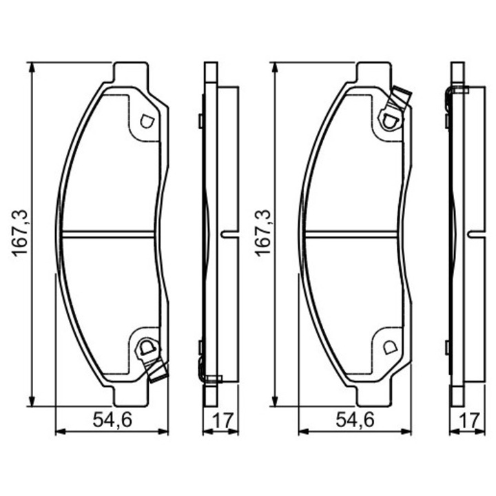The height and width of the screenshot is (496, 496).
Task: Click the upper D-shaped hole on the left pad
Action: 145,121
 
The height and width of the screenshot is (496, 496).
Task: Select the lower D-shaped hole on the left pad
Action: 145,347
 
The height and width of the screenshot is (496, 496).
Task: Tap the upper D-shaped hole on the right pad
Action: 389,121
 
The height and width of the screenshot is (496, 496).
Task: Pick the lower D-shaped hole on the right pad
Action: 389,347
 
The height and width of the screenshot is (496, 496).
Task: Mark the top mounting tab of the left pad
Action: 131,72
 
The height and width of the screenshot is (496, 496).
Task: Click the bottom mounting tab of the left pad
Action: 131,397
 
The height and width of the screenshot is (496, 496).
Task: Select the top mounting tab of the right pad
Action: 375,72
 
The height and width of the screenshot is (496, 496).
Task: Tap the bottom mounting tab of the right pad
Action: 375,397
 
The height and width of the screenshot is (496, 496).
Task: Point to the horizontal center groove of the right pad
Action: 351,232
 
